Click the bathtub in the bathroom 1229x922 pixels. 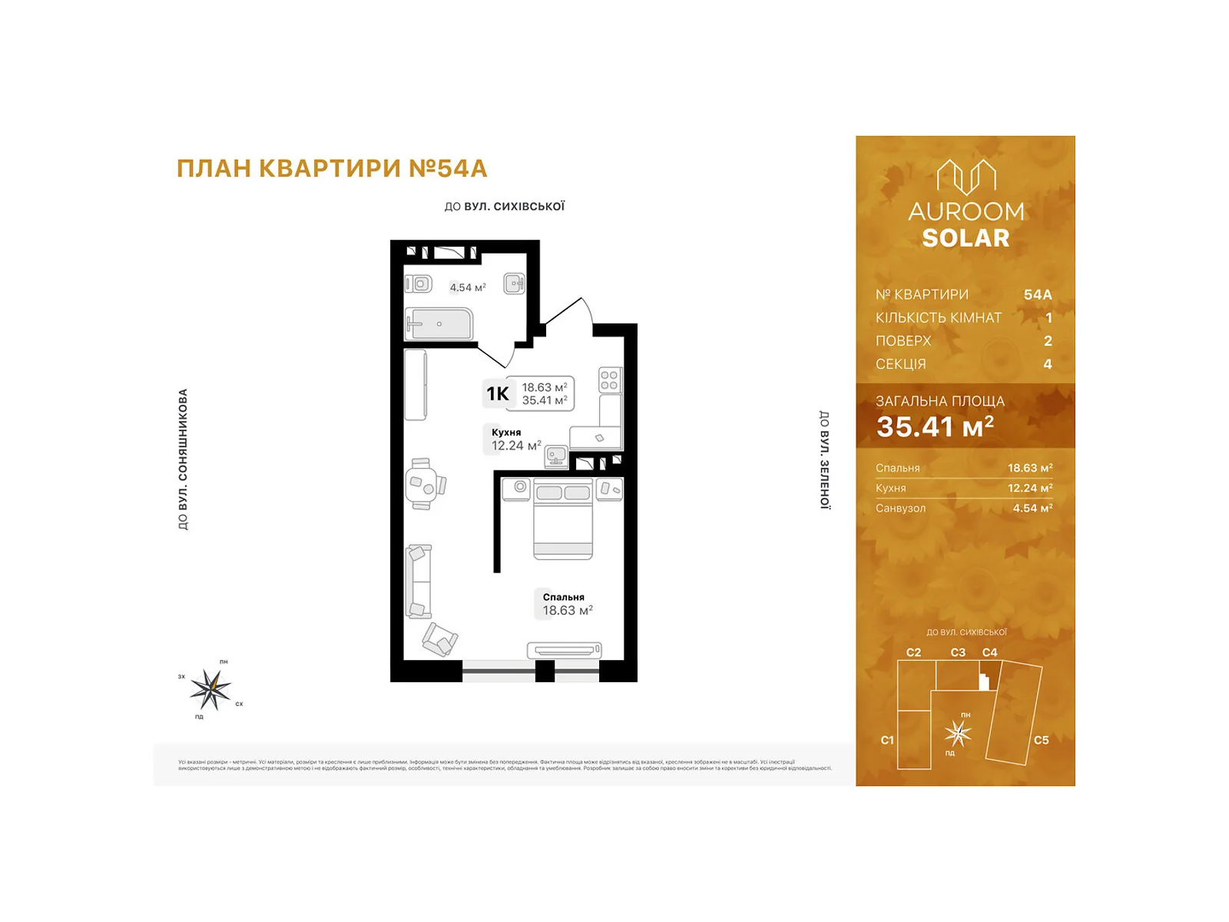(439, 323)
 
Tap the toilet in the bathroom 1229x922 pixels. (419, 284)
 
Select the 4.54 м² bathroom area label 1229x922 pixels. (468, 287)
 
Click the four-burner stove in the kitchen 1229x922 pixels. (610, 380)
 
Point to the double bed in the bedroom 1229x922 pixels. (563, 519)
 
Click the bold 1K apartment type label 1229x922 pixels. (497, 394)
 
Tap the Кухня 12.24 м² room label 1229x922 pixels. (515, 439)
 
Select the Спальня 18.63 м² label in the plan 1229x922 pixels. (567, 605)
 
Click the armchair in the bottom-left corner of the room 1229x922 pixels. (439, 639)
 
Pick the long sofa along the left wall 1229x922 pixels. (419, 581)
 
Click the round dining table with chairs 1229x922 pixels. (424, 484)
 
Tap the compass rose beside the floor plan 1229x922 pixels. (210, 689)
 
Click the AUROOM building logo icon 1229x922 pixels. (966, 177)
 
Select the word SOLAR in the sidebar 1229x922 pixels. (966, 238)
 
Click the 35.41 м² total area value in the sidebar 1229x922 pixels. (935, 426)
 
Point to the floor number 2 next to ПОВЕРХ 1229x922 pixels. (1048, 340)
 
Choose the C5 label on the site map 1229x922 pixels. (1041, 740)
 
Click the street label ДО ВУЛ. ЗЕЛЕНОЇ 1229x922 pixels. (824, 459)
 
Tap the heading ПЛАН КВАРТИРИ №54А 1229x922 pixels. (332, 168)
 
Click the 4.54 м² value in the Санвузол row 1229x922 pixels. (1032, 508)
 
